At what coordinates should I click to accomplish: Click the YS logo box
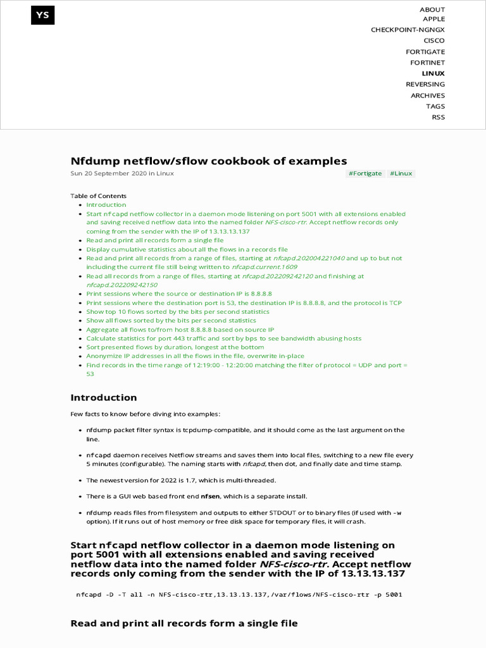[x=42, y=15]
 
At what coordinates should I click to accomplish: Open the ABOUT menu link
[x=432, y=9]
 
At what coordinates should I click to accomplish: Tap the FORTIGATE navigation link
[x=425, y=52]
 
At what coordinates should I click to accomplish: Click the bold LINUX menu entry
[x=433, y=73]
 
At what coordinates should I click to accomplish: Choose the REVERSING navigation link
[x=425, y=84]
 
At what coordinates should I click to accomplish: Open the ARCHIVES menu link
[x=427, y=96]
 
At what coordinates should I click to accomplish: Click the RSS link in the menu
[x=438, y=117]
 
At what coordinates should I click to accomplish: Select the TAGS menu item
[x=435, y=106]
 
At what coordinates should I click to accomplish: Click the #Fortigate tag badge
[x=366, y=173]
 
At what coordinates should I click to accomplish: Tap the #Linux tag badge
[x=401, y=173]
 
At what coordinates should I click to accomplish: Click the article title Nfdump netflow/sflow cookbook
[x=208, y=161]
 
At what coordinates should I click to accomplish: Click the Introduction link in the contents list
[x=106, y=205]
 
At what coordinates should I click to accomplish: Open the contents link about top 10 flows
[x=178, y=312]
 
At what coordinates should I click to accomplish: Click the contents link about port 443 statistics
[x=224, y=339]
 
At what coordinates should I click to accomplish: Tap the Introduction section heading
[x=103, y=397]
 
